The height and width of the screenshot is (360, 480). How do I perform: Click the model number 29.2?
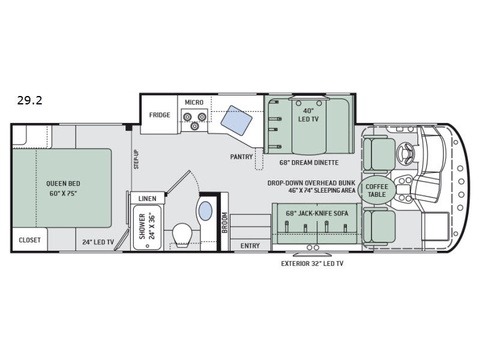pos(29,100)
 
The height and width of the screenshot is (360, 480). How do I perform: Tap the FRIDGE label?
pos(160,115)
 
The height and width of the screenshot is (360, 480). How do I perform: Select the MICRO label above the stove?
pos(194,102)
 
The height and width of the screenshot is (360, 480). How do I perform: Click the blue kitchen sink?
pos(236,121)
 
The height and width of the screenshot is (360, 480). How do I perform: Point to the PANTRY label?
pos(242,157)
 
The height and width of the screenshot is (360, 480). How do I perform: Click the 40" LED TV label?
pos(308,115)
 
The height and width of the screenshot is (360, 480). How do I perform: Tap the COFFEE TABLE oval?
pos(377,190)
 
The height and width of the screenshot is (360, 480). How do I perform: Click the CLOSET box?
pos(29,239)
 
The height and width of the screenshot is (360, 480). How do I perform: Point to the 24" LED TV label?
pos(98,242)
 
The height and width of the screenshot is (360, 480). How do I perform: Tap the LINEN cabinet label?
pos(147,199)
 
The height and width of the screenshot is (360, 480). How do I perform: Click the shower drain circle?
pos(147,245)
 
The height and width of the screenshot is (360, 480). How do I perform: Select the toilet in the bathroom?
pos(182,235)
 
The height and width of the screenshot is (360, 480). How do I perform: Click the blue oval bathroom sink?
pos(205,211)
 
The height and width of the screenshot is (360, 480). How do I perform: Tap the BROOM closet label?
pos(224,223)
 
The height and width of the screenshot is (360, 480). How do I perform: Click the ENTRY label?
pos(250,245)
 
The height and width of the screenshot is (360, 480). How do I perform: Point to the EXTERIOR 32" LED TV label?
pos(312,263)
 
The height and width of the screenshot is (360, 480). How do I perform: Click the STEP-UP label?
pos(136,159)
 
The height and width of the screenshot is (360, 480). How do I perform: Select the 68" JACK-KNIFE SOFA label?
pos(317,213)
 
